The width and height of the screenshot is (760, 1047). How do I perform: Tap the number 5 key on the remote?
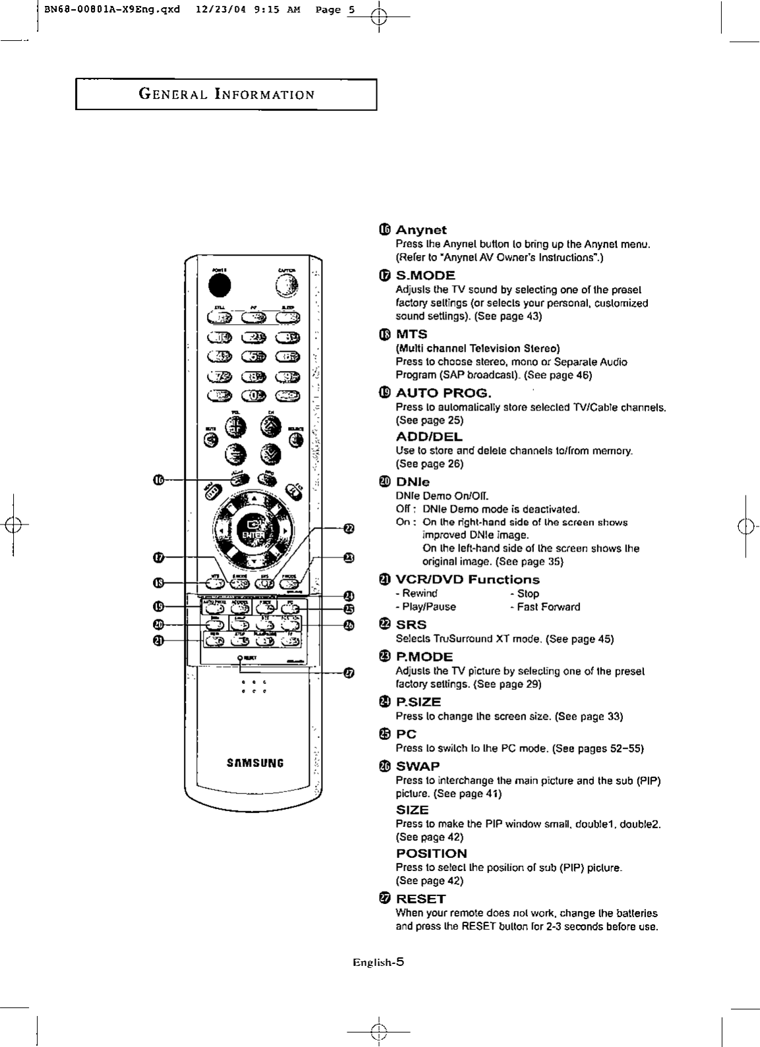253,357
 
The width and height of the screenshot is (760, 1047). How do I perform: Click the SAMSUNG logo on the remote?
255,764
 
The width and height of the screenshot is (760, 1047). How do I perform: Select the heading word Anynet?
421,230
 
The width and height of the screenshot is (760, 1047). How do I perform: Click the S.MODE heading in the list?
425,275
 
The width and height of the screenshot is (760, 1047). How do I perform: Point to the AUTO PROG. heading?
443,393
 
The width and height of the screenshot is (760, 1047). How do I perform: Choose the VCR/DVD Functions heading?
467,580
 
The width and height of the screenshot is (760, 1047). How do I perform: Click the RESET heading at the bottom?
421,899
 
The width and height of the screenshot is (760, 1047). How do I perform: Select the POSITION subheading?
431,853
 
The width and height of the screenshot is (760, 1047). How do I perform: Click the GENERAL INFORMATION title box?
226,94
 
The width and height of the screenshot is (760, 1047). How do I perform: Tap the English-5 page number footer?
378,962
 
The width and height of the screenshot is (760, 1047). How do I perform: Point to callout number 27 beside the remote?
349,673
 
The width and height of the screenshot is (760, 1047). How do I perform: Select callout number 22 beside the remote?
349,528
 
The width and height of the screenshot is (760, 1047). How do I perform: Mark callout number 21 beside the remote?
158,640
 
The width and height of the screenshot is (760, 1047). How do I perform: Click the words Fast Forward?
548,607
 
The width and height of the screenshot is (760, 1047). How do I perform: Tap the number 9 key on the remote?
287,376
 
